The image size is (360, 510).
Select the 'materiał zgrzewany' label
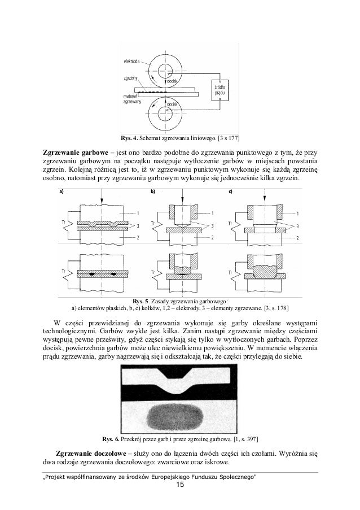click(131, 100)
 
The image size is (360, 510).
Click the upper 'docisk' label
click(174, 81)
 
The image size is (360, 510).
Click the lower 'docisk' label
click(174, 104)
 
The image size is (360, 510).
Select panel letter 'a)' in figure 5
click(62, 191)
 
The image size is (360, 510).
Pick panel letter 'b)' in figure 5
click(152, 191)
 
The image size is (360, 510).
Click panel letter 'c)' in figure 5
click(231, 191)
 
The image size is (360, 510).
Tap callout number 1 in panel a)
click(136, 212)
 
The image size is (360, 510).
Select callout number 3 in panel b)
click(213, 225)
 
